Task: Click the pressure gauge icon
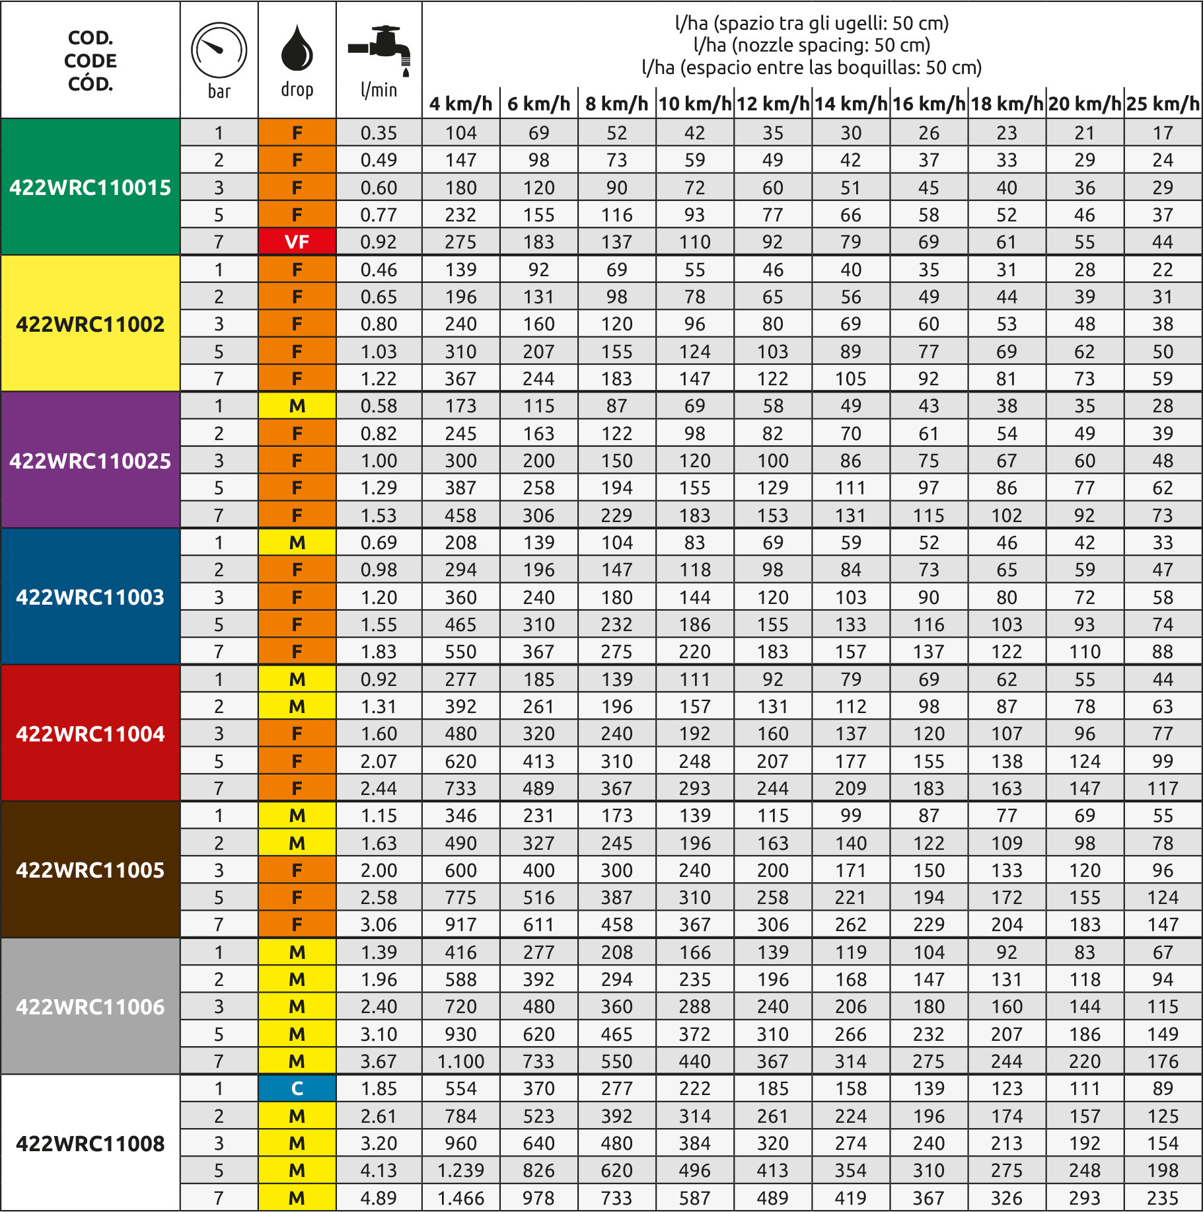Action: click(x=219, y=51)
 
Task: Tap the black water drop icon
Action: click(x=297, y=48)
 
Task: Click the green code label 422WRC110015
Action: click(x=91, y=188)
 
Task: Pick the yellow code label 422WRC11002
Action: click(x=91, y=324)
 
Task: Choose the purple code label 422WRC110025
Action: click(x=91, y=461)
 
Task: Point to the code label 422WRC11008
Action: click(x=91, y=1143)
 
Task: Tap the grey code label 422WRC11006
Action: click(x=91, y=1006)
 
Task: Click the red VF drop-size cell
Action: click(x=297, y=242)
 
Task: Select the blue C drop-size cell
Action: click(x=297, y=1088)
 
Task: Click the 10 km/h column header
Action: click(x=695, y=104)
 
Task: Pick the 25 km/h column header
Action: click(x=1163, y=104)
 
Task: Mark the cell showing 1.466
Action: click(x=460, y=1198)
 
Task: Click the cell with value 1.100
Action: click(x=460, y=1061)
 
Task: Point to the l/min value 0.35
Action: click(x=379, y=133)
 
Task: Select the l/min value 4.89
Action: click(x=379, y=1198)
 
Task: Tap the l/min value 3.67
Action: click(x=379, y=1061)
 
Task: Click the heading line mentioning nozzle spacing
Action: click(x=811, y=45)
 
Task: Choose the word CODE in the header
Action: click(x=91, y=61)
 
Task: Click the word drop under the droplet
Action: click(x=297, y=90)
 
